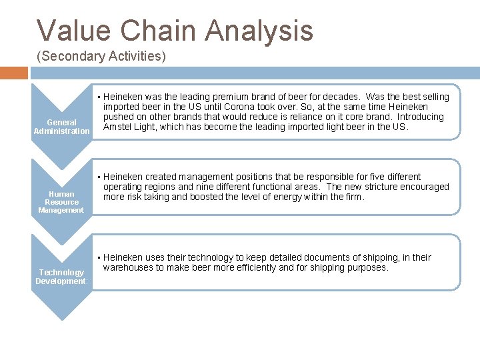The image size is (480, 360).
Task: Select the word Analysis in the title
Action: (x=259, y=31)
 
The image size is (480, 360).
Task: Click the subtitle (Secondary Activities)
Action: (x=101, y=57)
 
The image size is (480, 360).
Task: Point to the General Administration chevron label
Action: (x=61, y=127)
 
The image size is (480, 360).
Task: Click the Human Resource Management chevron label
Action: (x=61, y=202)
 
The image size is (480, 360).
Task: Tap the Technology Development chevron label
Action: (x=61, y=277)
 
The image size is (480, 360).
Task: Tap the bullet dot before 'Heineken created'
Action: (x=99, y=177)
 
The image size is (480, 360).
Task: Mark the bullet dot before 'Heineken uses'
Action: (x=99, y=257)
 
